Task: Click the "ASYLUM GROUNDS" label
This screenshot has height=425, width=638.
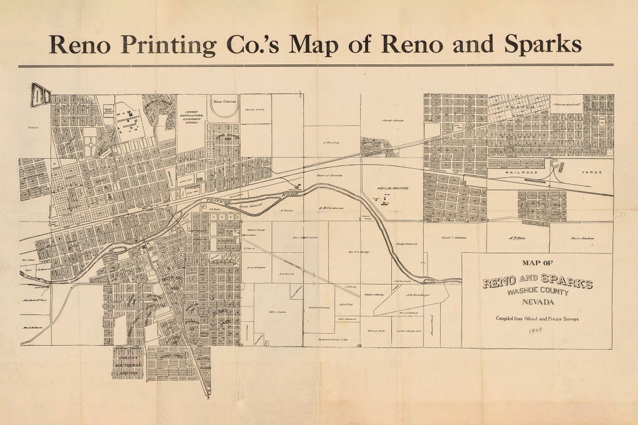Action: click(393, 188)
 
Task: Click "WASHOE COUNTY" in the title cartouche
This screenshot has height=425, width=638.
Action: click(537, 292)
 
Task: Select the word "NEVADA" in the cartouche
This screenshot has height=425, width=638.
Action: click(538, 303)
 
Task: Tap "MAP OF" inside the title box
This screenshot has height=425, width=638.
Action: click(538, 263)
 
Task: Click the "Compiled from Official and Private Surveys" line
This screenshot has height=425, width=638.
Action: click(537, 319)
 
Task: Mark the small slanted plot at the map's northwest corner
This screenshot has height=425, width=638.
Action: click(41, 95)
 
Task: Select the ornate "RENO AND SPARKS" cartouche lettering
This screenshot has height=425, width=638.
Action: click(537, 282)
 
